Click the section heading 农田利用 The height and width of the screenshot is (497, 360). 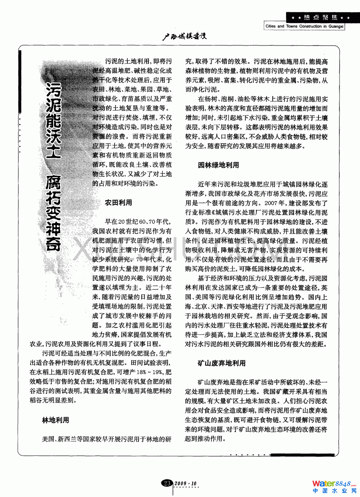pyautogui.click(x=118, y=203)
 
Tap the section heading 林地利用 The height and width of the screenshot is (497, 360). pyautogui.click(x=56, y=420)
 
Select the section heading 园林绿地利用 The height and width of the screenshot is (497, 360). pyautogui.click(x=218, y=165)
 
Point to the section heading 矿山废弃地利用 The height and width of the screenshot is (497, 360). pyautogui.click(x=222, y=363)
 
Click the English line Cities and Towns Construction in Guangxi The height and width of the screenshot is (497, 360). pyautogui.click(x=304, y=26)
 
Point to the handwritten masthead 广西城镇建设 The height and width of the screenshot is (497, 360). pyautogui.click(x=184, y=36)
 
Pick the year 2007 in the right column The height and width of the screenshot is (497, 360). pyautogui.click(x=271, y=203)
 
